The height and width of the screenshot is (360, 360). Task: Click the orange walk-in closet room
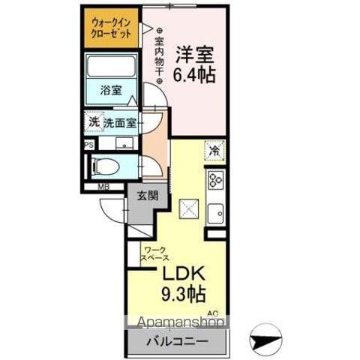[x=111, y=28]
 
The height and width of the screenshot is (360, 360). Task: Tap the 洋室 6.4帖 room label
[x=195, y=64]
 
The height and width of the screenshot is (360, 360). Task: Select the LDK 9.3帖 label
[x=184, y=284]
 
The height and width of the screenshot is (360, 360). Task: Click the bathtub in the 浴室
[x=111, y=66]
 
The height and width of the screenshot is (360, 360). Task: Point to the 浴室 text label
[x=111, y=90]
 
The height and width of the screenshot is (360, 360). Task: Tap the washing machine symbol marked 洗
[x=94, y=121]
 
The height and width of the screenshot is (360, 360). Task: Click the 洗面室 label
[x=120, y=123]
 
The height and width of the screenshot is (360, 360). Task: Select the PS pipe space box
[x=89, y=145]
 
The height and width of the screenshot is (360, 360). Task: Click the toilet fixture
[x=106, y=167]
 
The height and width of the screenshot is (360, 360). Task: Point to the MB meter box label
[x=103, y=187]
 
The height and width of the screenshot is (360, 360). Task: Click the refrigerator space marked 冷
[x=214, y=151]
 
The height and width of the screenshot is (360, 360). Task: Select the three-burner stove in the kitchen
[x=215, y=179]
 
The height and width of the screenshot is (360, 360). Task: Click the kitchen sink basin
[x=215, y=213]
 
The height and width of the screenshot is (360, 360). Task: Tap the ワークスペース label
[x=154, y=253]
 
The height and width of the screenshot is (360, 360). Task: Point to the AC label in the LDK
[x=213, y=313]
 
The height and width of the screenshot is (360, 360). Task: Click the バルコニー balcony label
[x=177, y=341]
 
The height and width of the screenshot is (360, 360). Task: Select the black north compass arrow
[x=265, y=340]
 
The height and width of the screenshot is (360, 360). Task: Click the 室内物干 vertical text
[x=159, y=55]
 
